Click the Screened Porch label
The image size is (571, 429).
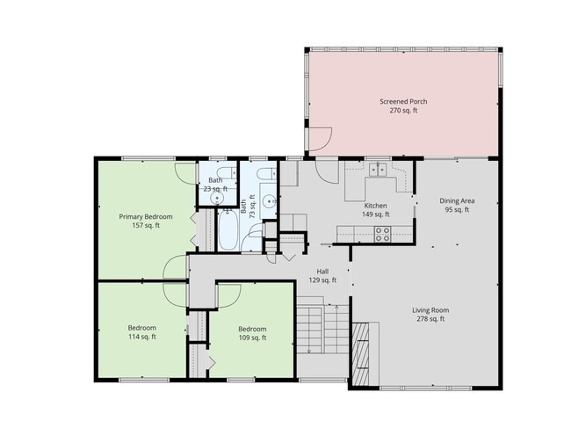tap(403, 101)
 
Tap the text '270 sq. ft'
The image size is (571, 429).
tap(403, 112)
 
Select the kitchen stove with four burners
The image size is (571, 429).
tap(383, 234)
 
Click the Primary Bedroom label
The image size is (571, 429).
tap(146, 216)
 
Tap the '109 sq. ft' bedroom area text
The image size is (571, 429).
tap(252, 338)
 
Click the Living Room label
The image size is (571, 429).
tap(430, 309)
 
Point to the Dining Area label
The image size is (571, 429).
tap(456, 200)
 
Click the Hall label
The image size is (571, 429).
tap(323, 271)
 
